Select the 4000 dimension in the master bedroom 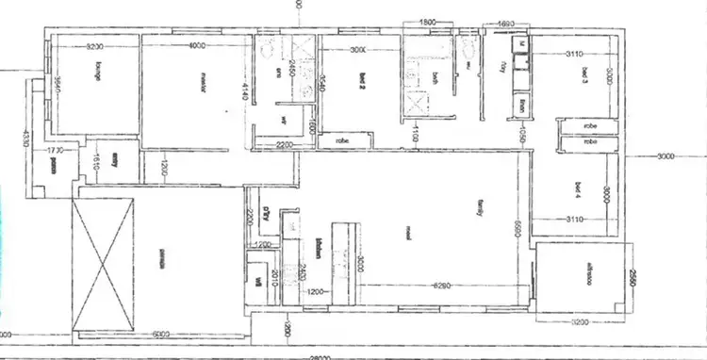click(197, 47)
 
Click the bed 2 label click(362, 82)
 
